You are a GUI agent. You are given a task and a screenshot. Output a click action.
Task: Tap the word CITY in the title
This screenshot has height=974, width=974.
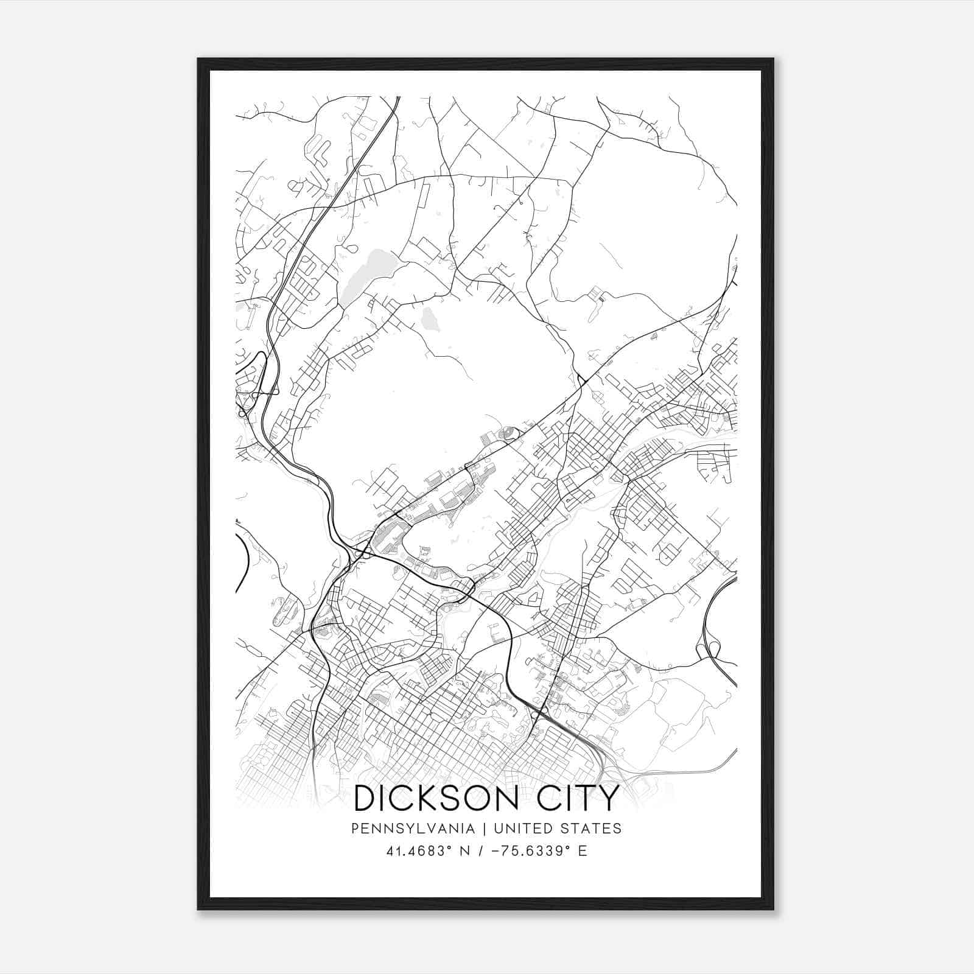tap(578, 798)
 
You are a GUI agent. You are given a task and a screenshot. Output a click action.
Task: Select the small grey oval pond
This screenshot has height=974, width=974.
tap(430, 317)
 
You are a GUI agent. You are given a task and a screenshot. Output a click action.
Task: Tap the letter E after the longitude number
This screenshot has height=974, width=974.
tap(583, 851)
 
